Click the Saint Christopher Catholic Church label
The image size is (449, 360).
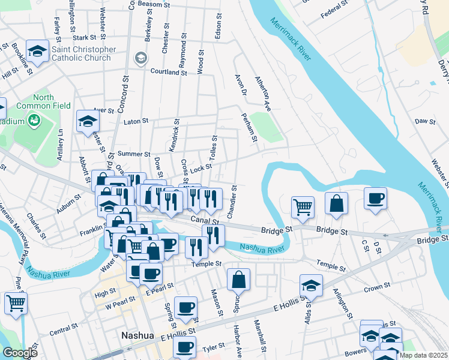click(81, 53)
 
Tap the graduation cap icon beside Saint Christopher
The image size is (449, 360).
click(37, 52)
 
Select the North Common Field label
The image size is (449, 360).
click(43, 101)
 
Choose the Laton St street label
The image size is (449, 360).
click(136, 121)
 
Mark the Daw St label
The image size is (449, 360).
click(425, 121)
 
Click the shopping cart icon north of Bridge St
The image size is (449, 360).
click(303, 207)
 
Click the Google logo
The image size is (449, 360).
click(19, 353)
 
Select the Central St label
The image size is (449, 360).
click(60, 331)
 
